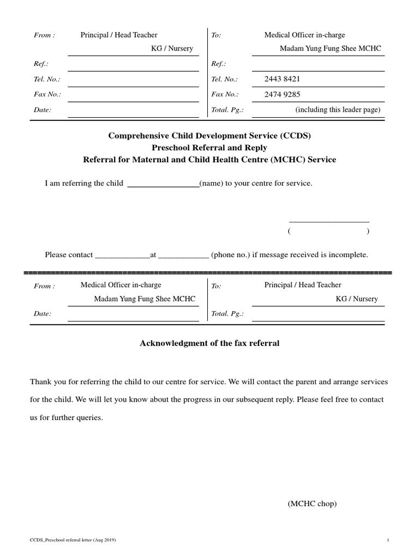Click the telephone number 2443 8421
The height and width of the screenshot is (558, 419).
pyautogui.click(x=282, y=79)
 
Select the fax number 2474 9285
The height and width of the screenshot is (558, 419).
pyautogui.click(x=282, y=94)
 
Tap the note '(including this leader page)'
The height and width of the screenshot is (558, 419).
pyautogui.click(x=338, y=110)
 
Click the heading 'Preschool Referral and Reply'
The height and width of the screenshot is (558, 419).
pyautogui.click(x=209, y=148)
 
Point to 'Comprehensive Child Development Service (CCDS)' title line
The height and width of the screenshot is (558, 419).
pyautogui.click(x=209, y=136)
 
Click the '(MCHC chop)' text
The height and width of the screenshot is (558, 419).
pyautogui.click(x=312, y=504)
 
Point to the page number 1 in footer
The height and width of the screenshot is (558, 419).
pyautogui.click(x=388, y=540)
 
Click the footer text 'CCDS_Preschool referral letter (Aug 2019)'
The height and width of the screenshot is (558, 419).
pyautogui.click(x=73, y=540)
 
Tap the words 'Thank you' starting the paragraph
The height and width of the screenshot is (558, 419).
pyautogui.click(x=45, y=381)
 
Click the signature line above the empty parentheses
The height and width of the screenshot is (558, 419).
pyautogui.click(x=329, y=222)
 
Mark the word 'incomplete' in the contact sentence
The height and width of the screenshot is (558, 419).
pyautogui.click(x=349, y=254)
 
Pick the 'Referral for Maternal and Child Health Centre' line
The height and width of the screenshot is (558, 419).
pyautogui.click(x=209, y=160)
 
